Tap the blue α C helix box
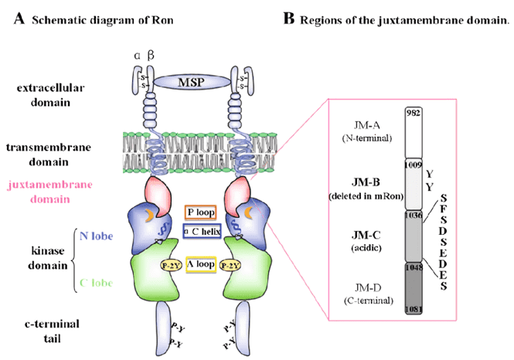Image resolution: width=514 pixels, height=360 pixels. coord(200,230)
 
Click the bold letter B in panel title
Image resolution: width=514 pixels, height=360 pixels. coord(289,19)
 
